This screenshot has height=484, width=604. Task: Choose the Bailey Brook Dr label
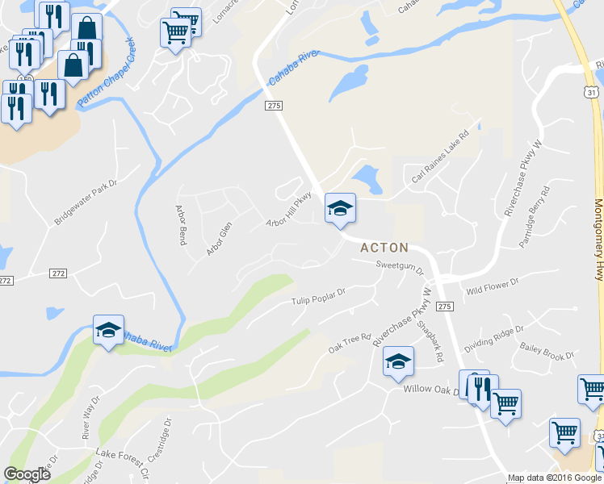point(547,350)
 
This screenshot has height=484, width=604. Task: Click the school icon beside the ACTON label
point(340,209)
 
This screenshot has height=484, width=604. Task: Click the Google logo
point(27,474)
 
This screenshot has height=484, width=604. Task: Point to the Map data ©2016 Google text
point(554,478)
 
